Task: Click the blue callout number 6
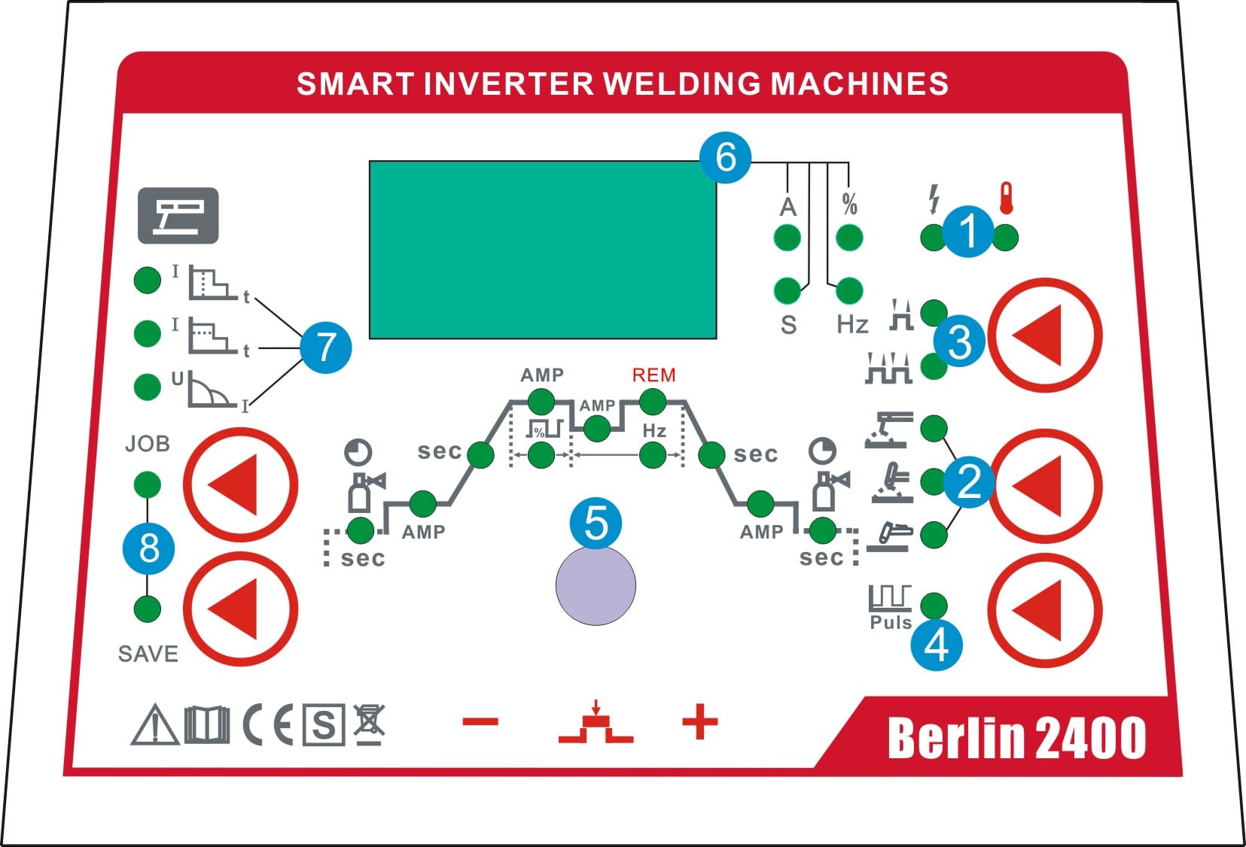point(725,157)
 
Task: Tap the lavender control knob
point(596,585)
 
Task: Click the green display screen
point(543,250)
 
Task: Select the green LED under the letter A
point(787,238)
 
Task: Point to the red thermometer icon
point(1007,198)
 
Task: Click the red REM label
point(653,375)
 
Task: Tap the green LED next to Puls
point(934,606)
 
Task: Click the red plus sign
point(699,722)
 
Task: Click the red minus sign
point(480,722)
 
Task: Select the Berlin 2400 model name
point(1017,737)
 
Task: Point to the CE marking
point(268,724)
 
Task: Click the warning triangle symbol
point(154,724)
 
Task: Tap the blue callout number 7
point(326,348)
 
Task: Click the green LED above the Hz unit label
point(849,290)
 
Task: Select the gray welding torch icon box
point(178,216)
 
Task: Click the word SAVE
point(148,654)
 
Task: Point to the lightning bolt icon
point(934,199)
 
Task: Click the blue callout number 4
point(937,645)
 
